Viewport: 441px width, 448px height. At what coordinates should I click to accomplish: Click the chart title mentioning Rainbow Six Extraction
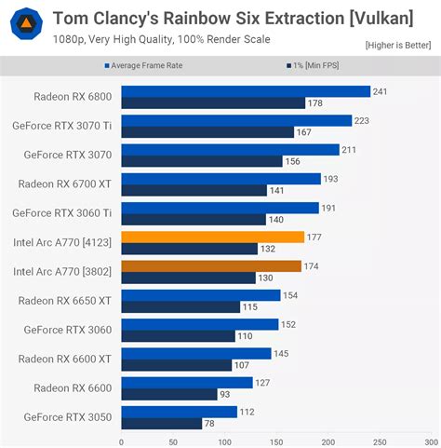pyautogui.click(x=233, y=18)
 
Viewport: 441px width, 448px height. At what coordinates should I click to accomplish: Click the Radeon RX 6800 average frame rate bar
pyautogui.click(x=246, y=91)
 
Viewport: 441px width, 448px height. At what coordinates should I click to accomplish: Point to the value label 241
pyautogui.click(x=380, y=91)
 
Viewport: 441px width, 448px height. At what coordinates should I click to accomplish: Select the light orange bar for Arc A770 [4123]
pyautogui.click(x=212, y=237)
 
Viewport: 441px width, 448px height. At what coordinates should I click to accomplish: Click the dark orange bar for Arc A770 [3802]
pyautogui.click(x=211, y=266)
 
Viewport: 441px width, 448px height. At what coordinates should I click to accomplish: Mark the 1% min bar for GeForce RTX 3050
pyautogui.click(x=161, y=423)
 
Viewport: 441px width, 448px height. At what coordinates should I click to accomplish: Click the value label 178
pyautogui.click(x=315, y=103)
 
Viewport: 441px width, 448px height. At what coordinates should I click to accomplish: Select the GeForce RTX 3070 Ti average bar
pyautogui.click(x=236, y=120)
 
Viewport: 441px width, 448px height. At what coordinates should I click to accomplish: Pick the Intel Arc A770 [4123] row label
pyautogui.click(x=62, y=242)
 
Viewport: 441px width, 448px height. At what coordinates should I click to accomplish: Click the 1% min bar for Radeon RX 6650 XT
pyautogui.click(x=180, y=306)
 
